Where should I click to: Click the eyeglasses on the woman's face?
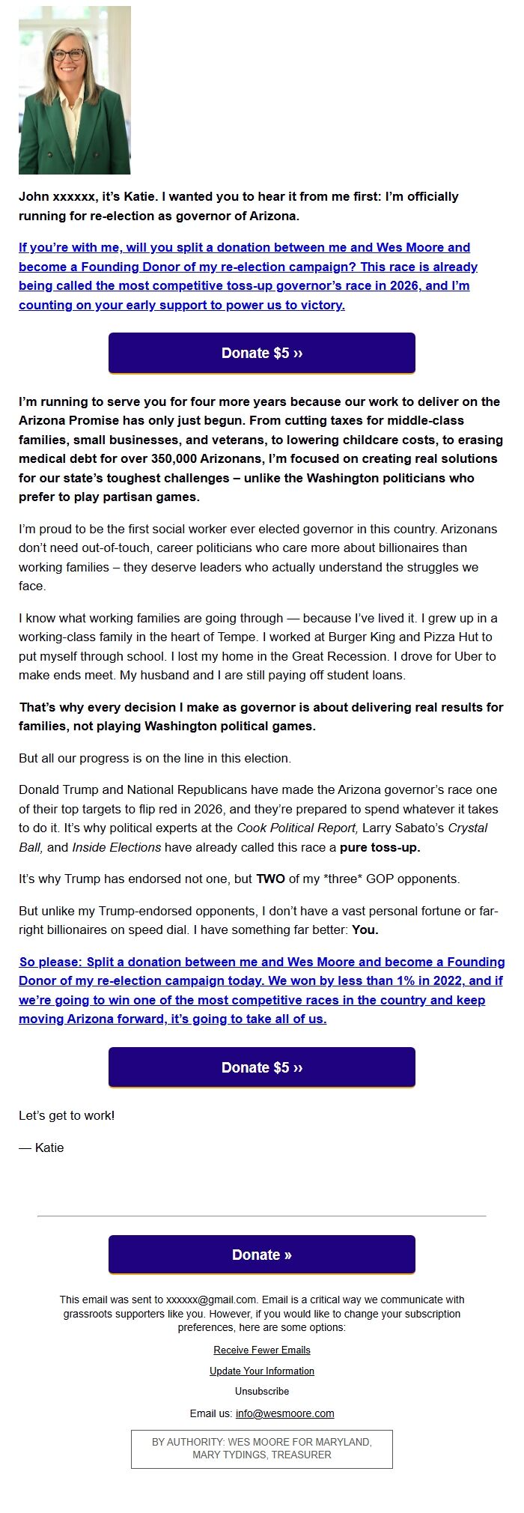(x=69, y=55)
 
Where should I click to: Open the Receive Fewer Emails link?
(x=262, y=1350)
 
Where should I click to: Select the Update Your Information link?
(x=262, y=1371)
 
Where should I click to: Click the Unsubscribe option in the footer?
(x=262, y=1391)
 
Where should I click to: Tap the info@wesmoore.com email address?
(x=284, y=1413)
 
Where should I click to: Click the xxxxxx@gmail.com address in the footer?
(x=211, y=1300)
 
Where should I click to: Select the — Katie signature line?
(x=41, y=1147)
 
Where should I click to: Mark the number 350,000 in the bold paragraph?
(x=178, y=458)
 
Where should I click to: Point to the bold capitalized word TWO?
(x=271, y=879)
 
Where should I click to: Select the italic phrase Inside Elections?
(x=116, y=847)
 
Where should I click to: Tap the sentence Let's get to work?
(x=67, y=1115)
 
